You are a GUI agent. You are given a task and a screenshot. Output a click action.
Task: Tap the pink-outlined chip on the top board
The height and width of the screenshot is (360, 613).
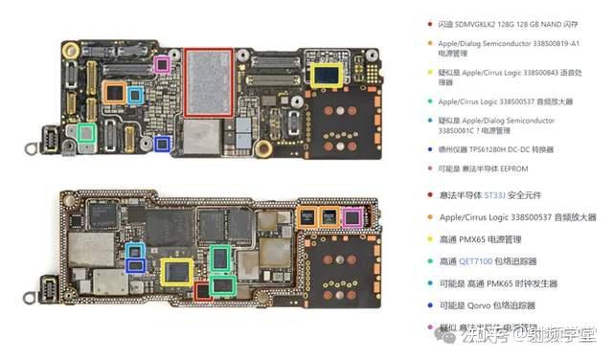(163, 64)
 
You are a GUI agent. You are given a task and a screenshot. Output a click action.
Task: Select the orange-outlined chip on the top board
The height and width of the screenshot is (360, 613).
(115, 92)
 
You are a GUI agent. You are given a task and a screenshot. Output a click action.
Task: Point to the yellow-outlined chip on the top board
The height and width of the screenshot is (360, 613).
(324, 75)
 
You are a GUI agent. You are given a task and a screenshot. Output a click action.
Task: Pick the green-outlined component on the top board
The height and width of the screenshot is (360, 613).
(86, 134)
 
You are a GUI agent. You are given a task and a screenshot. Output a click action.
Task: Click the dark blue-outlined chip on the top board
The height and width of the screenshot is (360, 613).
(163, 144)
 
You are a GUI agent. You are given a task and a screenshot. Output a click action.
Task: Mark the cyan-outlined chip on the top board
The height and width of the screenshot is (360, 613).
(136, 95)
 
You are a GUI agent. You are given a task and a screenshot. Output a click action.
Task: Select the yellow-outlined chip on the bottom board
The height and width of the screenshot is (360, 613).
(177, 272)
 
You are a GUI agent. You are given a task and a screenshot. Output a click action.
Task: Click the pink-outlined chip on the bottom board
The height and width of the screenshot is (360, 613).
(352, 217)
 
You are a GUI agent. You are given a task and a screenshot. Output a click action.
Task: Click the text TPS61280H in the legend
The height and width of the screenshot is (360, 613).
(480, 149)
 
